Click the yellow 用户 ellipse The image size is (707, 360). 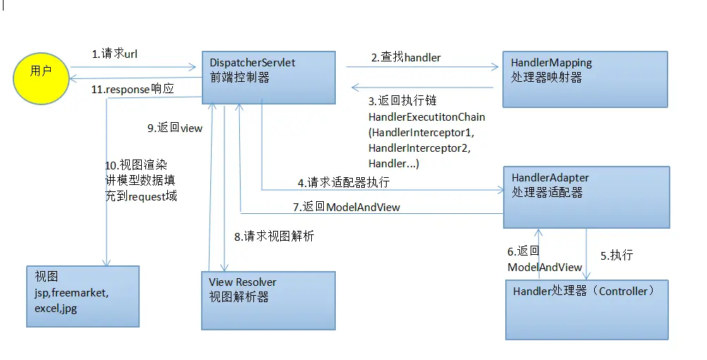pyautogui.click(x=41, y=72)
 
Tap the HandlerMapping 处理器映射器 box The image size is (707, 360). pyautogui.click(x=585, y=79)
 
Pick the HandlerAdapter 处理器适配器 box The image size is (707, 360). pyautogui.click(x=586, y=197)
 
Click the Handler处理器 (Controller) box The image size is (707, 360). pyautogui.click(x=586, y=309)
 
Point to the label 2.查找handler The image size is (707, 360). pyautogui.click(x=406, y=57)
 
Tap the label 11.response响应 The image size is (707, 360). pyautogui.click(x=133, y=90)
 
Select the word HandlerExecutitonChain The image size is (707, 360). pyautogui.click(x=427, y=116)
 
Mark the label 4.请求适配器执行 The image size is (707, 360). pyautogui.click(x=343, y=182)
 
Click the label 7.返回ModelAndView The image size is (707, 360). pyautogui.click(x=346, y=207)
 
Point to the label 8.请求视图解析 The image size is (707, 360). pyautogui.click(x=274, y=236)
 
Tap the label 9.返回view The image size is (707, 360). pyautogui.click(x=174, y=128)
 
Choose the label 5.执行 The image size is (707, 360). pyautogui.click(x=616, y=256)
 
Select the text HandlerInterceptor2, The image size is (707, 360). pyautogui.click(x=419, y=148)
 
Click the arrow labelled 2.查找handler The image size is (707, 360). pyautogui.click(x=422, y=68)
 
